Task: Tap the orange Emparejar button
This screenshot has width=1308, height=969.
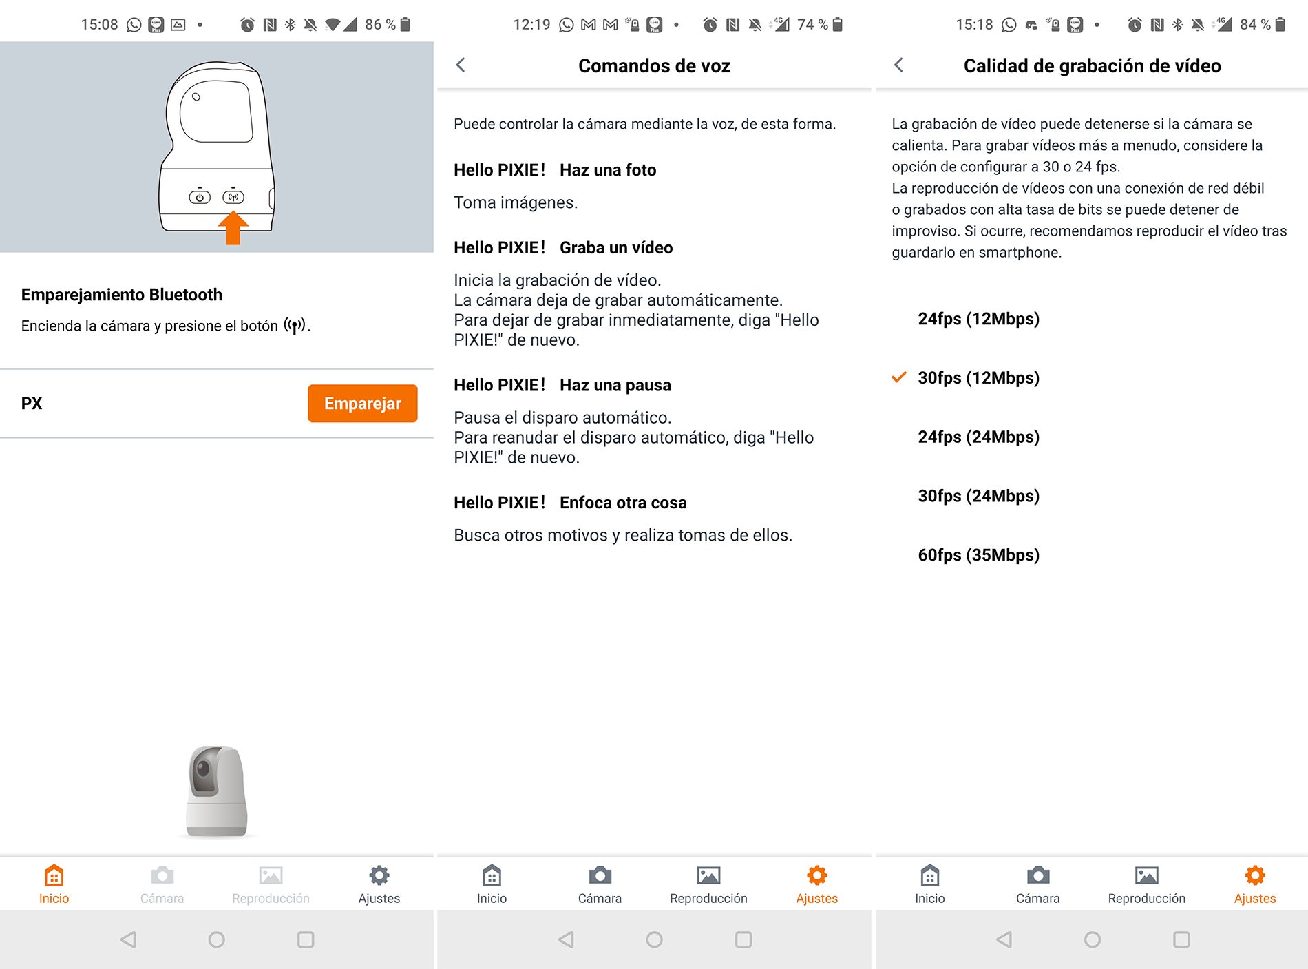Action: tap(362, 403)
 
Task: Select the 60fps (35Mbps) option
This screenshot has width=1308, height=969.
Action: tap(978, 555)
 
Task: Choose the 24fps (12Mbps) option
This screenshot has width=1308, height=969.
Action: tap(978, 319)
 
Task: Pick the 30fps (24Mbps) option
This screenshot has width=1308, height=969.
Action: tap(978, 496)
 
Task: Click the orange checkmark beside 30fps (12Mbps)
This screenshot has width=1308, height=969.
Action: tap(898, 377)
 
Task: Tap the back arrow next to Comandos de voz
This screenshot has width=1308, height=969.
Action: tap(461, 65)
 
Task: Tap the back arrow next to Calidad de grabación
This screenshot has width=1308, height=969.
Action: tap(898, 65)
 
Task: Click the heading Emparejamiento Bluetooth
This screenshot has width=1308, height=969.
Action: tap(122, 295)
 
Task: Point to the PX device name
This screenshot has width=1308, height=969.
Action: tap(32, 404)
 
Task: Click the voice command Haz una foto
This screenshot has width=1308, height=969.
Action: tap(607, 170)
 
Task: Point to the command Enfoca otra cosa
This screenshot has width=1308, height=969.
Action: tap(622, 503)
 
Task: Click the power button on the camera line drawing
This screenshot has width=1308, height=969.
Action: tap(200, 197)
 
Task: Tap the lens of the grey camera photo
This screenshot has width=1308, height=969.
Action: tap(204, 769)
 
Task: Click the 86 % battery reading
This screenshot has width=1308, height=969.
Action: tap(380, 25)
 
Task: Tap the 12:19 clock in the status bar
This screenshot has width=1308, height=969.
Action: tap(531, 25)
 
